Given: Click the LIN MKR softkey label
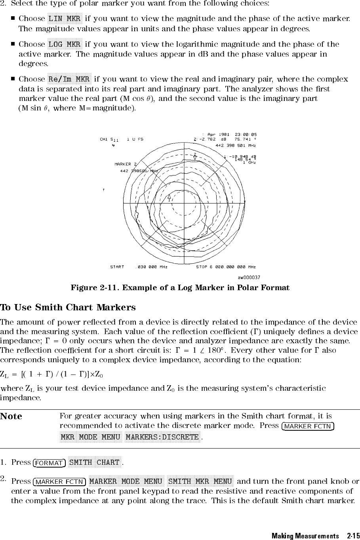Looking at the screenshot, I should click(65, 19).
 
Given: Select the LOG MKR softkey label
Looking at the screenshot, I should click(65, 44).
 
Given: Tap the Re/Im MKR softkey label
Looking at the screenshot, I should click(69, 79).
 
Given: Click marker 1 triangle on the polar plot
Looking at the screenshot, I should click(169, 196).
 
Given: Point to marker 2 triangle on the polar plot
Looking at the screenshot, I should click(195, 158).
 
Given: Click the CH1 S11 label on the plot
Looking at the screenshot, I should click(109, 139).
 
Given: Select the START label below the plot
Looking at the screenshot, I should click(117, 267).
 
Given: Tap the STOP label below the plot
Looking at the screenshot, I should click(203, 267).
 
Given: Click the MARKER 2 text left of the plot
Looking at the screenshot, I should click(126, 164).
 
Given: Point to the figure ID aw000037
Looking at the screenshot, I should click(249, 278).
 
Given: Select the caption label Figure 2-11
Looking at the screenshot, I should click(95, 288).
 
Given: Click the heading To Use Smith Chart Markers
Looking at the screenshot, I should click(68, 308).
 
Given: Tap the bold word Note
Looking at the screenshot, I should click(11, 416).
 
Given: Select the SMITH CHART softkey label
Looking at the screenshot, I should click(94, 462).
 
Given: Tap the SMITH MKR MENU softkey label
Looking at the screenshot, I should click(200, 481).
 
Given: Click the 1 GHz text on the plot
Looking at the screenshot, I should click(249, 162).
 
